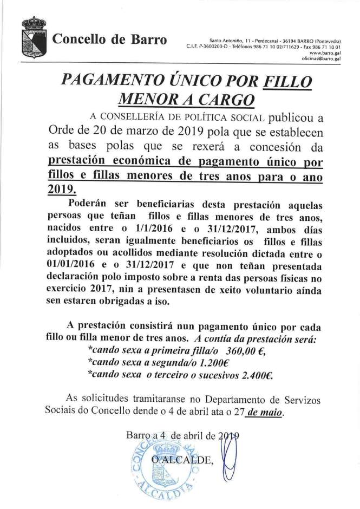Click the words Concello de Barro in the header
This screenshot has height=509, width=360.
point(109,40)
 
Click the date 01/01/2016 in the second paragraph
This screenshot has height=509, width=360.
point(58,265)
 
